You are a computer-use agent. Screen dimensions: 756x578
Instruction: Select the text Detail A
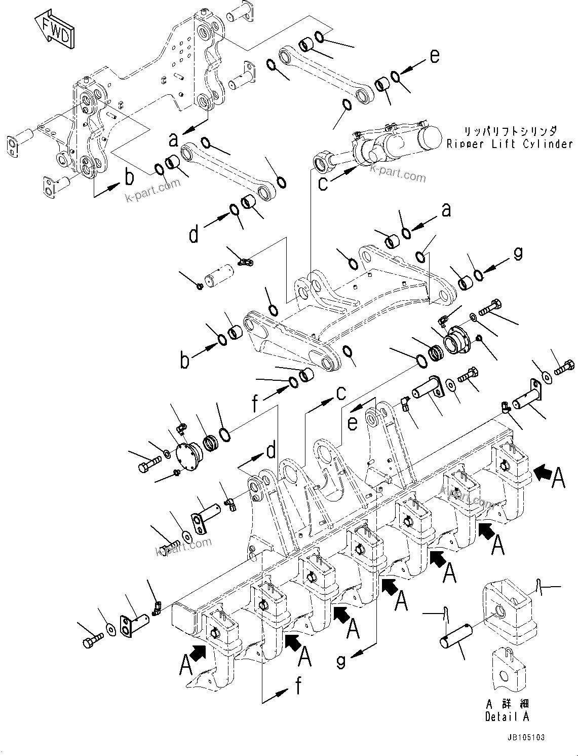[x=507, y=716]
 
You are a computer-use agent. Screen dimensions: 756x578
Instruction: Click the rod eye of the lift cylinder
[x=322, y=162]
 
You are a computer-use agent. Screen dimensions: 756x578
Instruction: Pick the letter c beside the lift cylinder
[x=323, y=183]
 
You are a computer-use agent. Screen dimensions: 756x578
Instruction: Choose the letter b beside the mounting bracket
[x=130, y=177]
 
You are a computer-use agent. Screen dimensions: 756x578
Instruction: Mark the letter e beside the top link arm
[x=435, y=56]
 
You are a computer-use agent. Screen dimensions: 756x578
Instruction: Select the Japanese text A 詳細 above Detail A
[x=507, y=704]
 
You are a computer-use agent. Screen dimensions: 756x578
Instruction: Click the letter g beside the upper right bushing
[x=517, y=254]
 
